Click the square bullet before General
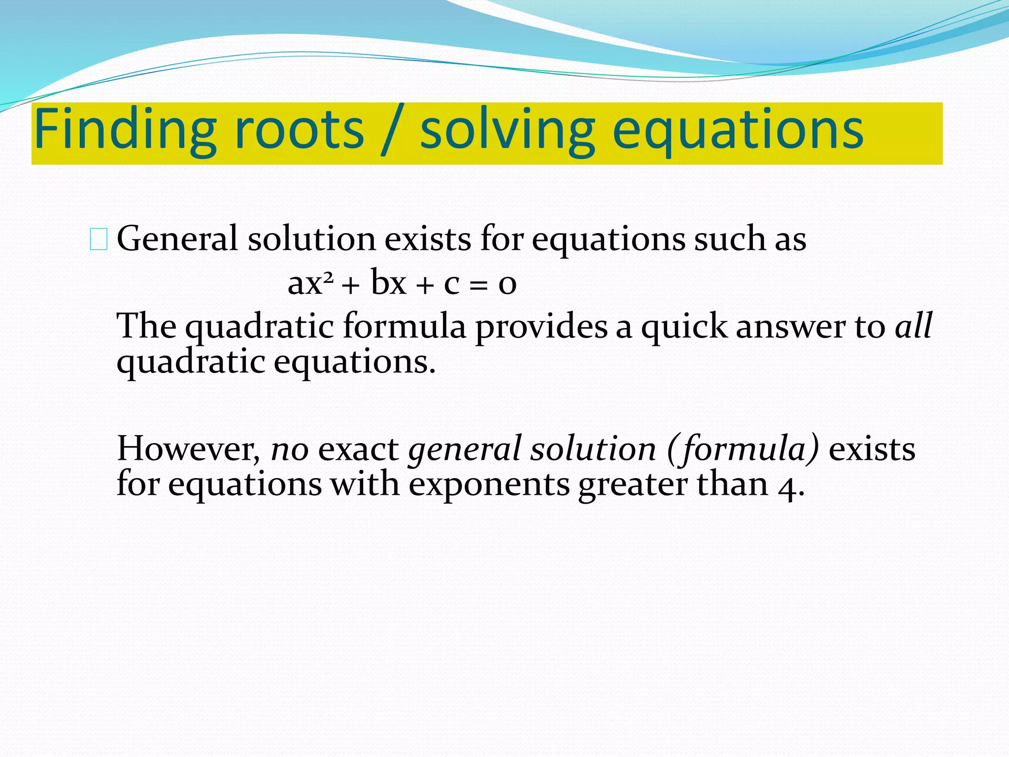click(x=99, y=240)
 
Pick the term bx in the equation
click(x=389, y=283)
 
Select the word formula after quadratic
click(x=404, y=326)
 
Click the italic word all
click(x=913, y=326)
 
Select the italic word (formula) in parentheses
click(x=743, y=449)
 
